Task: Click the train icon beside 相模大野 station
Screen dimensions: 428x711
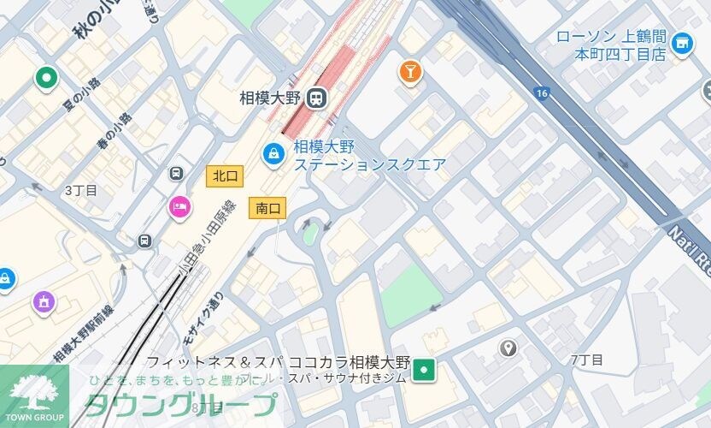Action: click(318, 98)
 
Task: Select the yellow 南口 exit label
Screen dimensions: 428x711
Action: click(267, 207)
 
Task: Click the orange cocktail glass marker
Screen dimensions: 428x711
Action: click(411, 74)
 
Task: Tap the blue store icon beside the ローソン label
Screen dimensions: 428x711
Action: click(682, 43)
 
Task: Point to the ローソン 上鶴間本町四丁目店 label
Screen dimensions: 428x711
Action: click(610, 45)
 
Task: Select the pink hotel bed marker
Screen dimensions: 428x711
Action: click(179, 205)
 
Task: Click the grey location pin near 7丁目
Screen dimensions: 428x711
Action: click(508, 348)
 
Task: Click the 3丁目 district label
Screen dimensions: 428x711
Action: click(81, 190)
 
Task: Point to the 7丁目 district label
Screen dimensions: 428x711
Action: click(587, 360)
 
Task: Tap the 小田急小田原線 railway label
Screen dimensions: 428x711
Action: click(205, 239)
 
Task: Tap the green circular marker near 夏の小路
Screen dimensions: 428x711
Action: click(45, 79)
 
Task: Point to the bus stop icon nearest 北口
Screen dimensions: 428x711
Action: click(177, 173)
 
